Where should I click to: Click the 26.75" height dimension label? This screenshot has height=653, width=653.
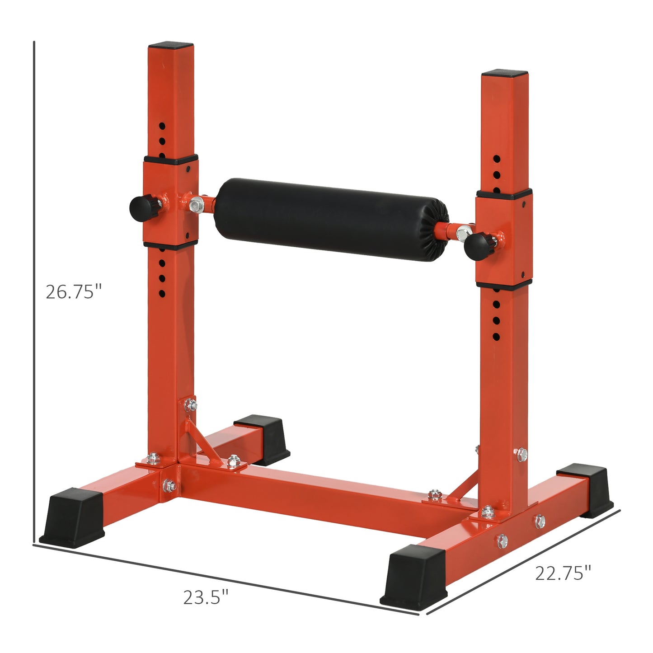74,292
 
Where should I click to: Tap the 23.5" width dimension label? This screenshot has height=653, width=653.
206,597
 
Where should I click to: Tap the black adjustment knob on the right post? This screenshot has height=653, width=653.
477,245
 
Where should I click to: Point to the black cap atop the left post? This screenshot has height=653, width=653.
171,46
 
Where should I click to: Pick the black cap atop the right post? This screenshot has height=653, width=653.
504,73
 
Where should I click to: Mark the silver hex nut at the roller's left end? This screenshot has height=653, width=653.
197,204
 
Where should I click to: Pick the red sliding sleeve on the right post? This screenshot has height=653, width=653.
504,240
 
